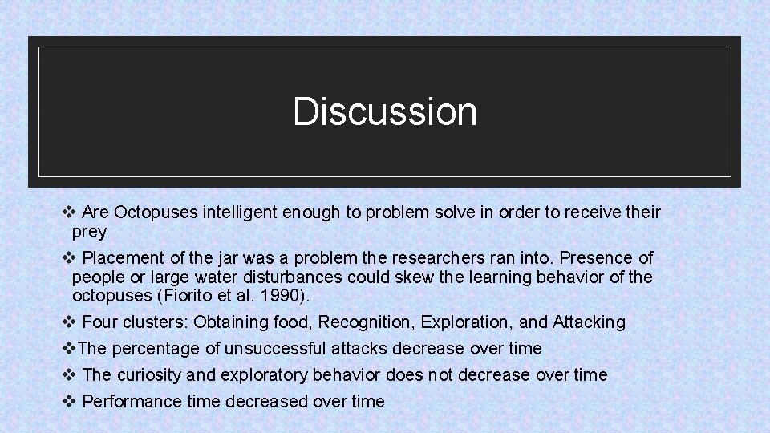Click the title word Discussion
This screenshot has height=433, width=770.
tap(385, 111)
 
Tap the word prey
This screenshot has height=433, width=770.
tap(89, 232)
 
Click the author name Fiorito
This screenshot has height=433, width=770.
tap(191, 296)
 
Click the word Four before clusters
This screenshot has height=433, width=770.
tap(100, 322)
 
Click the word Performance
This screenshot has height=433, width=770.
tap(131, 402)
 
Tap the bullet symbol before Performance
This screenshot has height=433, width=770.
tap(68, 401)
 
